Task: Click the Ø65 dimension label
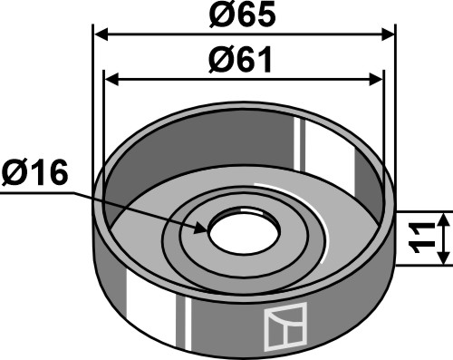pos(243,14)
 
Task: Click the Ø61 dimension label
pos(240,60)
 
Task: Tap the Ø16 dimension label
pos(34,172)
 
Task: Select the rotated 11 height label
pos(422,238)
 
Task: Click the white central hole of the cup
pos(245,231)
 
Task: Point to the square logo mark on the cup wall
pos(285,326)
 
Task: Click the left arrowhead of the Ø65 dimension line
pos(101,34)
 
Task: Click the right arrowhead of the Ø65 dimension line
pos(388,34)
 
